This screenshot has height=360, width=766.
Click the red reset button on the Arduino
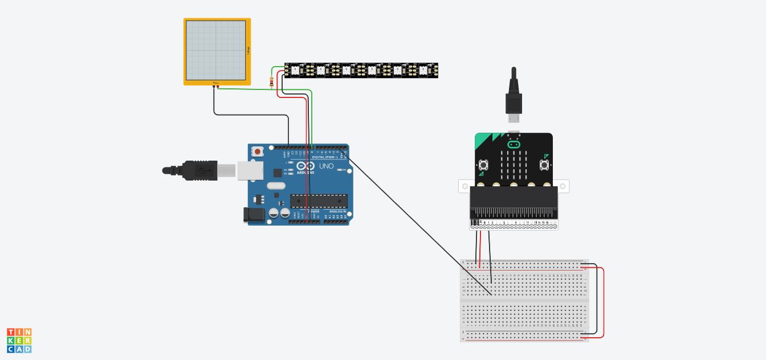pos(258,152)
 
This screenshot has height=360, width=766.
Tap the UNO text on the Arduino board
pos(327,166)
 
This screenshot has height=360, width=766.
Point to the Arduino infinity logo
pos(305,166)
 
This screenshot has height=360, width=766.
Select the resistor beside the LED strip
pos(271,83)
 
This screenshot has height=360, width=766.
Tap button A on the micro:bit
pos(483,165)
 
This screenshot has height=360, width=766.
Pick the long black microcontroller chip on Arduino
pos(319,201)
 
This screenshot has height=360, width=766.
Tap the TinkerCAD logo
pos(19,340)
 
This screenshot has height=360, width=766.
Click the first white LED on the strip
pos(295,70)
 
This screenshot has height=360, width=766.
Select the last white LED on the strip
pos(423,70)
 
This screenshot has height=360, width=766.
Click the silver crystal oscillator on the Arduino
pos(275,185)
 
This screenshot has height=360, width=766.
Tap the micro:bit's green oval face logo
pos(514,144)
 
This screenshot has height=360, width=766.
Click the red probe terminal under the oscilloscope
pos(218,87)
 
